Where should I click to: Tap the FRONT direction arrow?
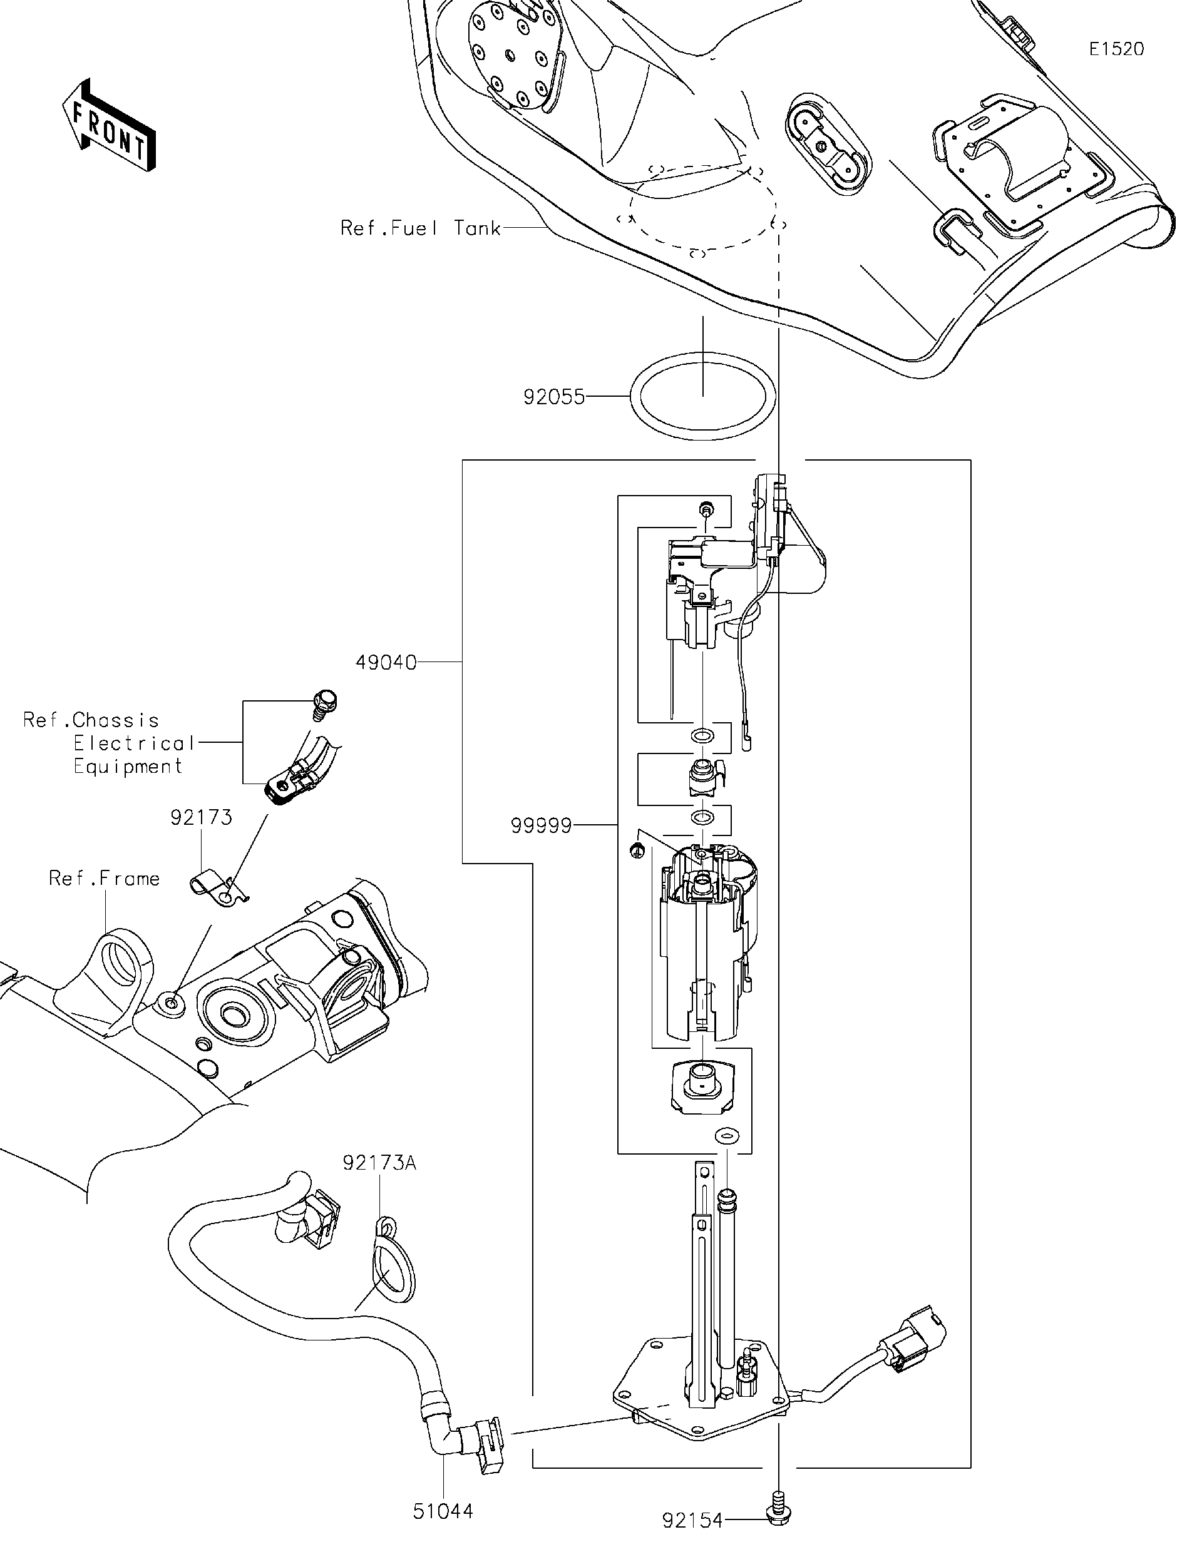[x=109, y=125]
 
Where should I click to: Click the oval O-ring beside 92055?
[x=702, y=397]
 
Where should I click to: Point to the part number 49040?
[x=386, y=662]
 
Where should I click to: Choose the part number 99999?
[x=541, y=825]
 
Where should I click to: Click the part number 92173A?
[x=379, y=1163]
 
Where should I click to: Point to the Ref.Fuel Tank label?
[x=421, y=228]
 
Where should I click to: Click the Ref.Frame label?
[x=105, y=879]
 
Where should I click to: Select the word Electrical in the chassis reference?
[x=135, y=743]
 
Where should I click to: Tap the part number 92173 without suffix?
[x=201, y=817]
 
